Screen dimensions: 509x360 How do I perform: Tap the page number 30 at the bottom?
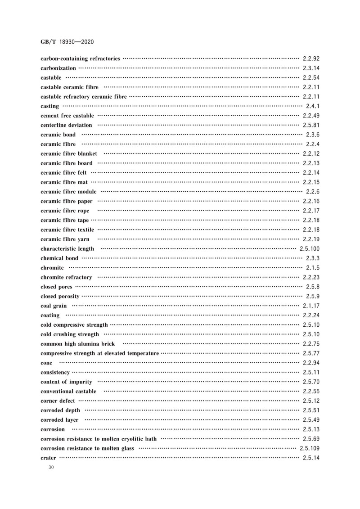[x=51, y=468]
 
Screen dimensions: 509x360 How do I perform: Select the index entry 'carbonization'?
[x=58, y=68]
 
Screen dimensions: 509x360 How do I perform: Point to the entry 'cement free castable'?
[x=67, y=116]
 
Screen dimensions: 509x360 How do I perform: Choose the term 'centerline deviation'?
[x=66, y=125]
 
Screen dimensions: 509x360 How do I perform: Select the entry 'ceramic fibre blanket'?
[x=69, y=154]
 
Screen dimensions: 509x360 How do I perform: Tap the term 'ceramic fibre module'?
[x=68, y=192]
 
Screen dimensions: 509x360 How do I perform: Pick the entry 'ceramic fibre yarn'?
[x=65, y=239]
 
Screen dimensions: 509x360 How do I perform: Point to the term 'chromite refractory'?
[x=66, y=277]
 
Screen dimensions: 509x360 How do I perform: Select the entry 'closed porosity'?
[x=60, y=297]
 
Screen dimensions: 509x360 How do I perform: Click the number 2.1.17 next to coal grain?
[x=310, y=306]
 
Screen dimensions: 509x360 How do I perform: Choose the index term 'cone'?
[x=46, y=363]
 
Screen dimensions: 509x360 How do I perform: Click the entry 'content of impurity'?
[x=66, y=382]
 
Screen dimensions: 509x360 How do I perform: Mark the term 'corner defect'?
[x=58, y=401]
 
